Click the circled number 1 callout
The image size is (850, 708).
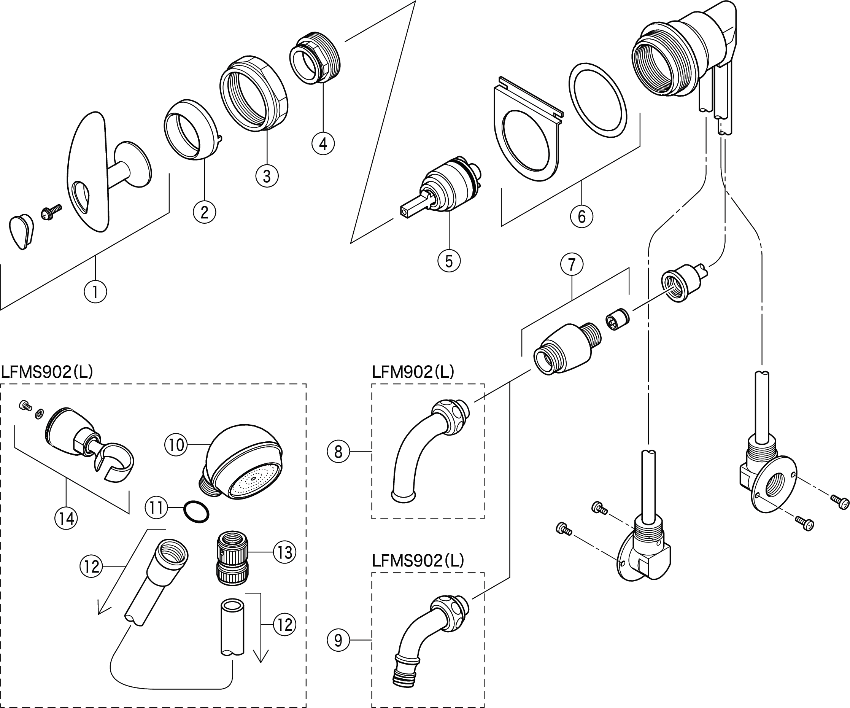(95, 291)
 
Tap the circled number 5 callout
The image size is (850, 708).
(449, 261)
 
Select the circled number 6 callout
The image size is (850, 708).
(581, 216)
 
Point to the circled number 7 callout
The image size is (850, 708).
(572, 265)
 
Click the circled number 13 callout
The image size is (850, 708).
(284, 552)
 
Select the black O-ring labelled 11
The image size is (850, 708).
(196, 512)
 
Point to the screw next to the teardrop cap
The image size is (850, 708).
(51, 211)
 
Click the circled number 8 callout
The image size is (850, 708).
(338, 451)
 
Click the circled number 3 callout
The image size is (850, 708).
(267, 176)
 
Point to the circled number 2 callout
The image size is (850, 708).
(204, 212)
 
